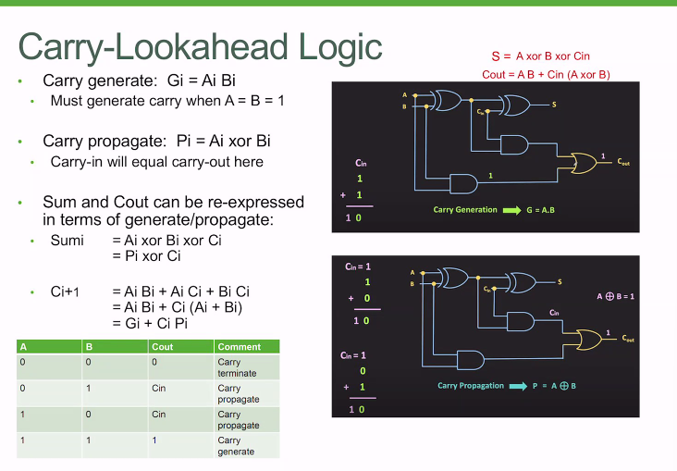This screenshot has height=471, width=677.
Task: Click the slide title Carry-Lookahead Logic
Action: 200,46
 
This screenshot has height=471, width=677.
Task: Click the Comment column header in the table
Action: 239,347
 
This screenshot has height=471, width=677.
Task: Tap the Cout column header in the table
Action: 163,347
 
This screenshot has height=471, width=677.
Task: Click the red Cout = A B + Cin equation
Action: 546,74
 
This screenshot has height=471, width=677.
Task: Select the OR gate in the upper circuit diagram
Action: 585,161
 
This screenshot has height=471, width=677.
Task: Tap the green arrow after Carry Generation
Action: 511,210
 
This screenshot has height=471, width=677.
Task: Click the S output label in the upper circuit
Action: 554,105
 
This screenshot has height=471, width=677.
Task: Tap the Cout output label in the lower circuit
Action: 628,340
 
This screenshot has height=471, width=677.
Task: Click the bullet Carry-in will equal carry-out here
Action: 157,162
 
